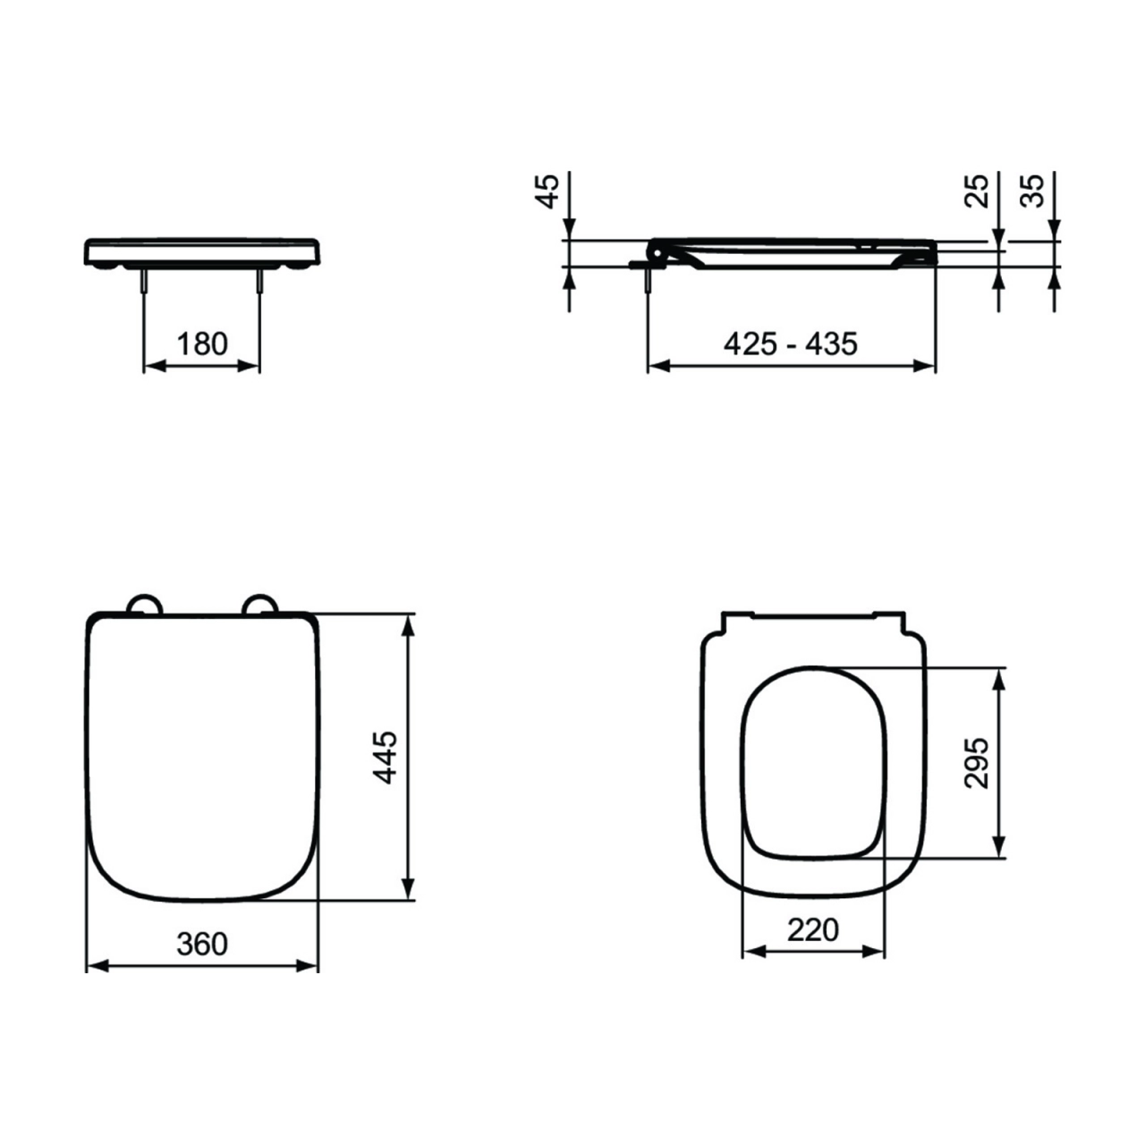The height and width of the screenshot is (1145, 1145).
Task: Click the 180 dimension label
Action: click(x=202, y=344)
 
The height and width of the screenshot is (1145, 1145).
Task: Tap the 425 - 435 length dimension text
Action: click(x=790, y=344)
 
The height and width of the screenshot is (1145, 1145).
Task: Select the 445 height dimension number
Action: click(x=385, y=757)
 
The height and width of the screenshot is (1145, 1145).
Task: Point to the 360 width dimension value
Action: click(x=202, y=944)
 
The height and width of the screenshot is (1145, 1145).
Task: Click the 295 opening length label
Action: click(x=976, y=763)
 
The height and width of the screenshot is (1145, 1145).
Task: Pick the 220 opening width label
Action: click(x=813, y=930)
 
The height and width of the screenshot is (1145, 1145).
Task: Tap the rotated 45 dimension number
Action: click(x=547, y=191)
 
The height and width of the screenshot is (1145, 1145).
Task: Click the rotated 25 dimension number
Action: click(x=976, y=191)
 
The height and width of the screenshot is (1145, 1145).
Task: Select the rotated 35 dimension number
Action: click(x=1032, y=191)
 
